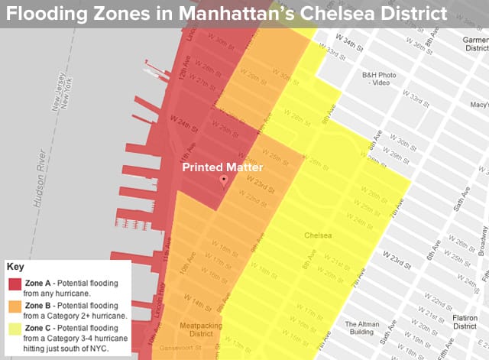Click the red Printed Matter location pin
point(224,181)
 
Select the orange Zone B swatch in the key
point(15,307)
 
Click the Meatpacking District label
point(199,330)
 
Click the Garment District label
point(475,45)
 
